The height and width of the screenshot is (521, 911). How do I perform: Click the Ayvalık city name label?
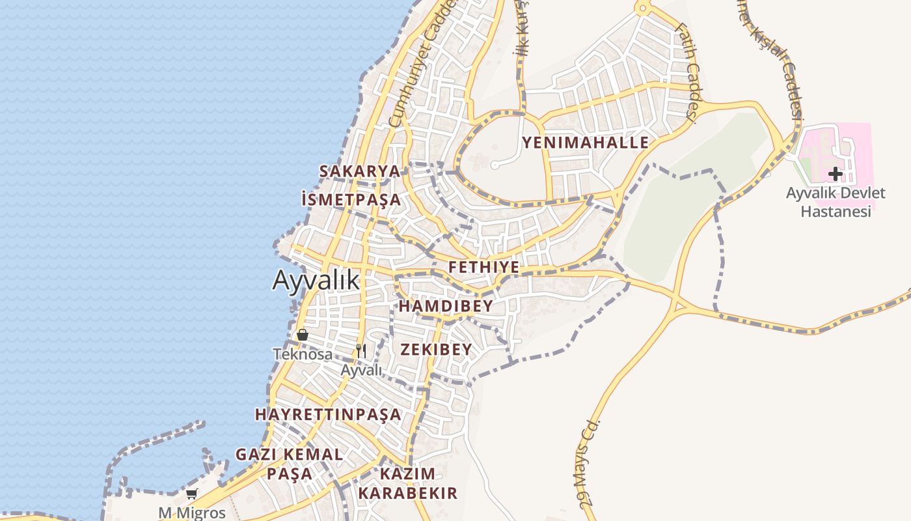(x=316, y=280)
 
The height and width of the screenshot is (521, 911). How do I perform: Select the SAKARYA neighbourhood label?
(x=359, y=171)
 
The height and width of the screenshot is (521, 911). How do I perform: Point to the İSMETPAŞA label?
(x=351, y=199)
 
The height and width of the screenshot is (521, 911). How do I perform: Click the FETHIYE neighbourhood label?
(x=484, y=267)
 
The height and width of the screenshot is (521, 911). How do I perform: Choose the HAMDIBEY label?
(x=446, y=306)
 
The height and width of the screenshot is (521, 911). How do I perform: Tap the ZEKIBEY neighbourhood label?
(x=436, y=350)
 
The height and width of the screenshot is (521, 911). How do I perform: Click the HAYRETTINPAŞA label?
(x=328, y=414)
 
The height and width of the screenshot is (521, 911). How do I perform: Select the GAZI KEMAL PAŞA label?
(x=289, y=464)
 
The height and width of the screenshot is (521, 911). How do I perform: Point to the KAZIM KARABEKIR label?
(x=408, y=483)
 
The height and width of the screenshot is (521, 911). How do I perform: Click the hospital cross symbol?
(x=836, y=174)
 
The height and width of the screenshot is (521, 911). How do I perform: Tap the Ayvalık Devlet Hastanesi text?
(x=836, y=202)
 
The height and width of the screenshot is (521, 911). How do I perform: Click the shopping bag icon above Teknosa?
(x=303, y=335)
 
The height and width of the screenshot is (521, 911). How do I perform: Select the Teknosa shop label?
(x=303, y=354)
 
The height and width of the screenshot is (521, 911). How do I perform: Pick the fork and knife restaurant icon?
(x=362, y=351)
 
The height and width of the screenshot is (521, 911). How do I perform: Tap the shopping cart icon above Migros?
(x=192, y=494)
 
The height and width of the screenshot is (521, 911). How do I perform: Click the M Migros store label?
(x=192, y=513)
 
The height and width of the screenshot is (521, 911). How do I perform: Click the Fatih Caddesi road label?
(x=687, y=72)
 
